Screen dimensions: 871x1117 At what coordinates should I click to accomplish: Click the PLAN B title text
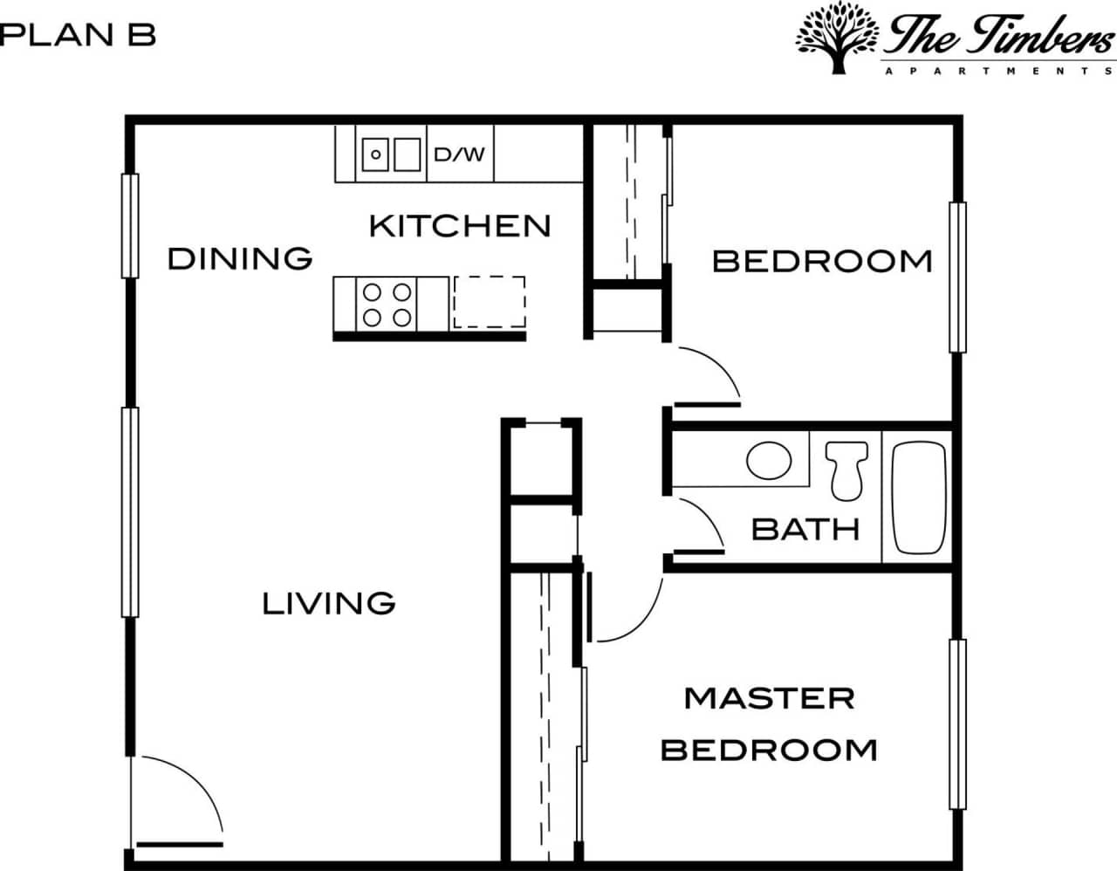(x=79, y=35)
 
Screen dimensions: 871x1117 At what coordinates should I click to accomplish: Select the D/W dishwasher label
(x=459, y=154)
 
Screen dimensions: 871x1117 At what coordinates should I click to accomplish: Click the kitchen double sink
(x=391, y=154)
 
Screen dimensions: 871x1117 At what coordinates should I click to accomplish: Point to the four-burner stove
(x=387, y=304)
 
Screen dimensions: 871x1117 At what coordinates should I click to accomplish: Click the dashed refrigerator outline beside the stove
(x=489, y=302)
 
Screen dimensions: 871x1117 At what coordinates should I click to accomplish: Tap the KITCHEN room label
(x=460, y=226)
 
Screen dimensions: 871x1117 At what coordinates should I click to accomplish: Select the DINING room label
(x=240, y=258)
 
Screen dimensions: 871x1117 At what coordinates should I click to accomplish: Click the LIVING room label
(x=329, y=603)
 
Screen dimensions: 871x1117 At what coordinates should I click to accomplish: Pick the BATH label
(x=805, y=529)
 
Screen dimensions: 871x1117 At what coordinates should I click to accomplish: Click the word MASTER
(x=769, y=698)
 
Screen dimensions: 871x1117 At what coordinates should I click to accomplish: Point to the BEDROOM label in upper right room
(x=822, y=261)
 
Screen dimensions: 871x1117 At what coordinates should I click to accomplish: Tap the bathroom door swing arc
(x=705, y=519)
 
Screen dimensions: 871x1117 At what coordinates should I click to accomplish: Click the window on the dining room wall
(x=130, y=226)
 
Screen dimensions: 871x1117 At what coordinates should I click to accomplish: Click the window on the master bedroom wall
(x=957, y=724)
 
